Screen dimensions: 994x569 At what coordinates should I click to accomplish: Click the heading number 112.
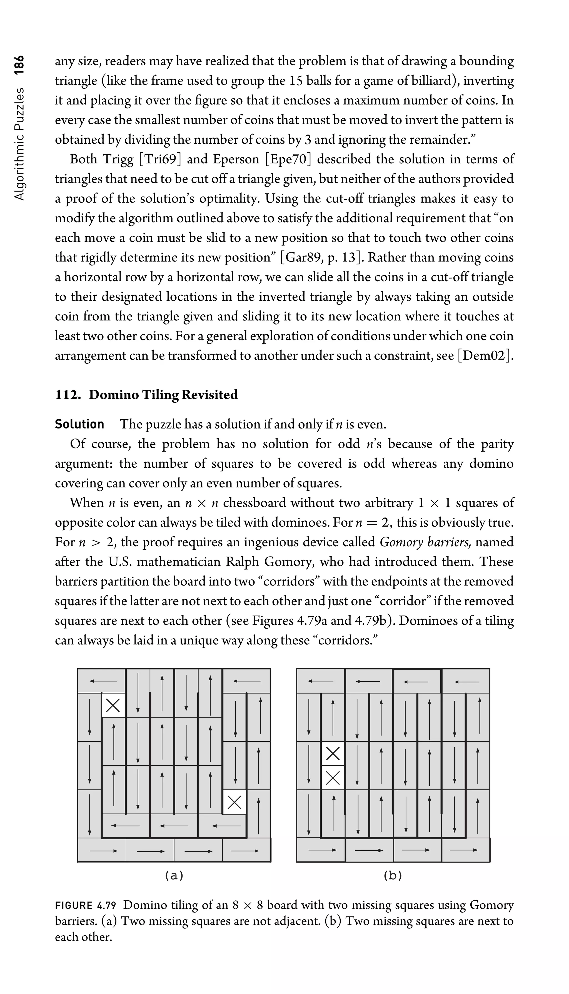[68, 395]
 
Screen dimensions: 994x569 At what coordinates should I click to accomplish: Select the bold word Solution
[79, 424]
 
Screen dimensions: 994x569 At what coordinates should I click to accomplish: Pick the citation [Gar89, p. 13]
[322, 258]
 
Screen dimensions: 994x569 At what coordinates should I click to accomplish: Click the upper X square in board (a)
[113, 706]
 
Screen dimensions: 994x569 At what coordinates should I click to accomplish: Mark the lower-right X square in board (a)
[234, 802]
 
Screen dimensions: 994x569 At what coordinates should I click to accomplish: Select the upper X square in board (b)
[333, 753]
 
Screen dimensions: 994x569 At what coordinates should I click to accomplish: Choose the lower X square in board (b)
[333, 778]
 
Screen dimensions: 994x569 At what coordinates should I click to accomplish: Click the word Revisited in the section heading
[209, 395]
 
